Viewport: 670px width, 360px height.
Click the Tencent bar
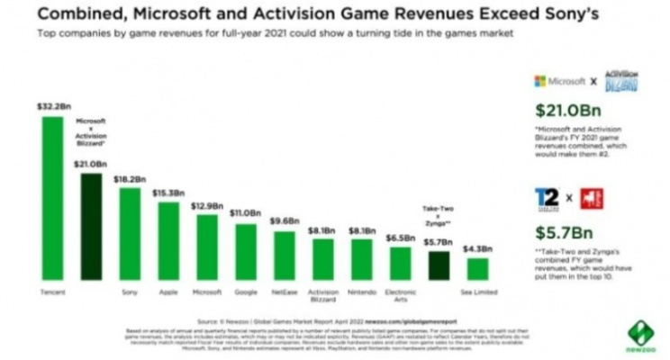click(x=52, y=198)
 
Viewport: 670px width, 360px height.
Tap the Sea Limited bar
click(x=478, y=269)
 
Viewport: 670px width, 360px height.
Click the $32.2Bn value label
click(x=51, y=106)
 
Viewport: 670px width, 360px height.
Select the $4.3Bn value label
click(x=478, y=249)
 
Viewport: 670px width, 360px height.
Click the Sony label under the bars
click(x=130, y=292)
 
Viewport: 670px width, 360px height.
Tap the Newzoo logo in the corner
click(x=641, y=334)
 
